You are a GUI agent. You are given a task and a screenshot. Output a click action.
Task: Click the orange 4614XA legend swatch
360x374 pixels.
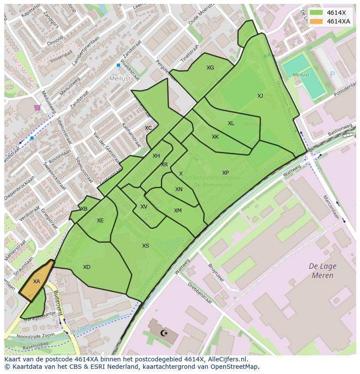click(x=317, y=21)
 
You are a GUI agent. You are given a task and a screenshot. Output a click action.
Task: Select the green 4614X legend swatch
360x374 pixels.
click(x=317, y=13)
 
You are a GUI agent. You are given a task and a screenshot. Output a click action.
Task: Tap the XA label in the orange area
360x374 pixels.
click(x=37, y=281)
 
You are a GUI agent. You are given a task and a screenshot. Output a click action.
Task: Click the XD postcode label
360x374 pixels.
click(x=87, y=267)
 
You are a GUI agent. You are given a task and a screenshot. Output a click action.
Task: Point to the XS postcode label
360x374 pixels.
click(x=146, y=246)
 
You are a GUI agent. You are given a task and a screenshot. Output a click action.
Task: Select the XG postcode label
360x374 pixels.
click(x=210, y=68)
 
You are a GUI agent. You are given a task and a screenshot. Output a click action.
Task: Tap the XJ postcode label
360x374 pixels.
click(x=260, y=96)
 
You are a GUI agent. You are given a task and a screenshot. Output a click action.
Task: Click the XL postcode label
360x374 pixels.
click(x=231, y=123)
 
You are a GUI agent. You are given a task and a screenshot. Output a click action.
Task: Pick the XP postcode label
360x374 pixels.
click(x=225, y=173)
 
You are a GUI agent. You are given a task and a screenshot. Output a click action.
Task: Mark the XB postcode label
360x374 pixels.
click(x=84, y=209)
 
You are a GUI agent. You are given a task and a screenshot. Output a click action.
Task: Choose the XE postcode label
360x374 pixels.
click(x=100, y=221)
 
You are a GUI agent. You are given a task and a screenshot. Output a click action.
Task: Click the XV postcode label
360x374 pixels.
click(x=144, y=207)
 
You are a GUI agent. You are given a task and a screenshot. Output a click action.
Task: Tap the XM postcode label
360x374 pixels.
click(x=178, y=211)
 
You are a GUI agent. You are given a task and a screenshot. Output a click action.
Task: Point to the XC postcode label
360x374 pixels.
click(x=148, y=128)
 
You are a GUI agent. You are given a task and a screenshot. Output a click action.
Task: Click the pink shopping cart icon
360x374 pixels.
click(x=37, y=107)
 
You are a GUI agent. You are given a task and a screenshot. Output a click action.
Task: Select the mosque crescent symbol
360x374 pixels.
click(x=164, y=333)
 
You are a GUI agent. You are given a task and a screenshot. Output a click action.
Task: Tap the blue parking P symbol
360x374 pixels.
click(x=333, y=75)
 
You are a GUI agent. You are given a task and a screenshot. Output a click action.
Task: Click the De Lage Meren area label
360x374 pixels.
click(x=322, y=271)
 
